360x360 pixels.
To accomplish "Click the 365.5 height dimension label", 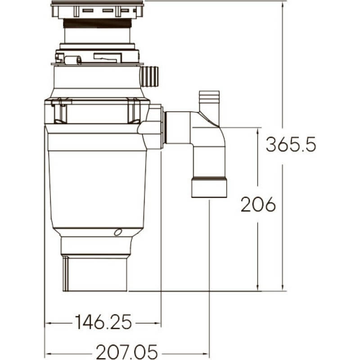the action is pyautogui.click(x=291, y=144).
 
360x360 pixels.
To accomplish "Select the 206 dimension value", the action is pyautogui.click(x=258, y=204).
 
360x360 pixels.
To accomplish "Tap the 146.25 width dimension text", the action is pyautogui.click(x=103, y=322).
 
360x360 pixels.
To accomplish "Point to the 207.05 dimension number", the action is pyautogui.click(x=127, y=352).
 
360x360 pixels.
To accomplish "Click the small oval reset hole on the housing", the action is pyautogui.click(x=118, y=232).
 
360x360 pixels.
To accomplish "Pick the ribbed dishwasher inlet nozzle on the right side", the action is pyautogui.click(x=149, y=76).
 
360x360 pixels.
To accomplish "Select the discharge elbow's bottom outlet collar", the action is pyautogui.click(x=209, y=187).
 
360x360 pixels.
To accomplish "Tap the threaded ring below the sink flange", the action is pyautogui.click(x=97, y=23).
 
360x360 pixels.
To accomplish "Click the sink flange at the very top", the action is pyautogui.click(x=97, y=9).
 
